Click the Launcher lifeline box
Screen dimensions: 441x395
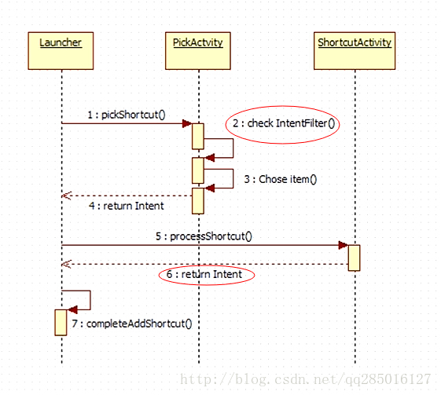[61, 51]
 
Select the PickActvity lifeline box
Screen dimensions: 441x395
[198, 51]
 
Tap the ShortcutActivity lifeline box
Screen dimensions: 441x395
[355, 51]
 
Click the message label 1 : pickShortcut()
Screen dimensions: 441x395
[127, 115]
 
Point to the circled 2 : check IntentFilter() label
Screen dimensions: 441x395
[283, 124]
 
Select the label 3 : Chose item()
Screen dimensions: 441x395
[281, 179]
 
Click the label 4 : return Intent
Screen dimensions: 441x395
[127, 206]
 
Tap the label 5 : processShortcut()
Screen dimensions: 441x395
[204, 236]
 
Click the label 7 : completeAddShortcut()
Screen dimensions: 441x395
[132, 324]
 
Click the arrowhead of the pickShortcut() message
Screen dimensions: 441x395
[187, 123]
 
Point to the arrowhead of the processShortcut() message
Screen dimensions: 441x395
[344, 245]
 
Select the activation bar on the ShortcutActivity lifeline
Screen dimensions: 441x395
[354, 258]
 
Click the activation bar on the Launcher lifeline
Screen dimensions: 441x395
[61, 323]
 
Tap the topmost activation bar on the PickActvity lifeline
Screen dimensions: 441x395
[198, 137]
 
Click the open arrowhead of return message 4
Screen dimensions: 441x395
[66, 196]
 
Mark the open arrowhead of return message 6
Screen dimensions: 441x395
[66, 264]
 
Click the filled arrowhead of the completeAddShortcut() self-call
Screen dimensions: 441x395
[72, 310]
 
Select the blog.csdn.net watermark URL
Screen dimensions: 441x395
[306, 379]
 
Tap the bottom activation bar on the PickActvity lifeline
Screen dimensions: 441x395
[198, 201]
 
